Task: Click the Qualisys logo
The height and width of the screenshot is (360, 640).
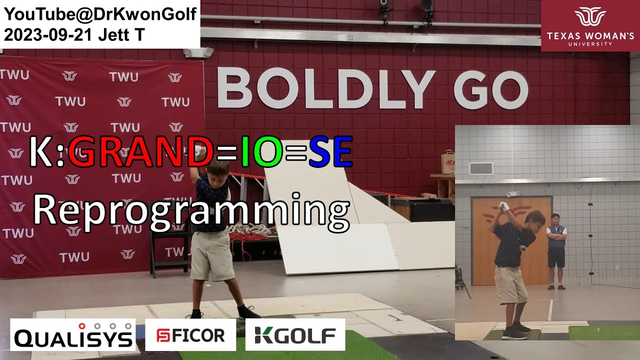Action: [73, 334]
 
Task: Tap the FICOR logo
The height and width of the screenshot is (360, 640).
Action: [190, 335]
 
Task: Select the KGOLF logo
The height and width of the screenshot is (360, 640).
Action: [295, 335]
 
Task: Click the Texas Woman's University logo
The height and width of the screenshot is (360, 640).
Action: [590, 25]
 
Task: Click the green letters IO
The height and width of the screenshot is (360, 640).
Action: [261, 152]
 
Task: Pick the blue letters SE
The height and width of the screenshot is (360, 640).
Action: [330, 152]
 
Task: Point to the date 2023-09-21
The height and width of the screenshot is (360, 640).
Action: [47, 35]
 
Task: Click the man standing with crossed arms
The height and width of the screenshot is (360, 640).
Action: [556, 251]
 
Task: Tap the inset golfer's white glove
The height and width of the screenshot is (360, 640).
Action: [503, 206]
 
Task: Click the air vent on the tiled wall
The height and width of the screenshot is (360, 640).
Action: [481, 168]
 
